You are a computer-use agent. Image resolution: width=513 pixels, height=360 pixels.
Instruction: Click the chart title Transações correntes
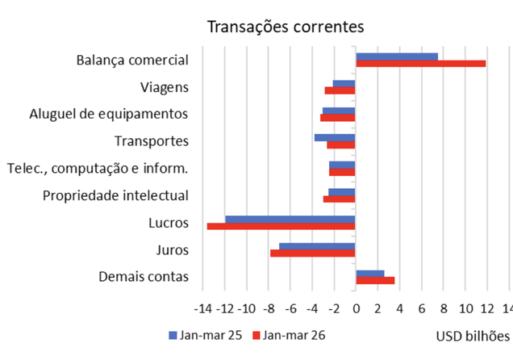286,27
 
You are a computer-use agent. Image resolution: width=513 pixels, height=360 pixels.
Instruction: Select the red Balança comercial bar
420,64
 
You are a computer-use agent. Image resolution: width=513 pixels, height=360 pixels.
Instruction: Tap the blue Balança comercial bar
397,57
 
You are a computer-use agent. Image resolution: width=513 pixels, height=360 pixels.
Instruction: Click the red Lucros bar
281,226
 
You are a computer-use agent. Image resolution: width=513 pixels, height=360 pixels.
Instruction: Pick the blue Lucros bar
290,219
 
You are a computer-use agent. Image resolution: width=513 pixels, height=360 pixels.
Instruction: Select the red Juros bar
313,253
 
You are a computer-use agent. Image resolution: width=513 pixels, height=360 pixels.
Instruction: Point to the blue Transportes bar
335,138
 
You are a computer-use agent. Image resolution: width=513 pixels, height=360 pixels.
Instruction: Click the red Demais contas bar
375,281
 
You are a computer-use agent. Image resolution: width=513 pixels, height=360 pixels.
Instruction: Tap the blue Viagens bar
344,84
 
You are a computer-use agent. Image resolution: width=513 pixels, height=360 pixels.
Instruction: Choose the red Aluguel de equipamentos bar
338,118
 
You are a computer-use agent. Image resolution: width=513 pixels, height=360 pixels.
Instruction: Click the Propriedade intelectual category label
115,195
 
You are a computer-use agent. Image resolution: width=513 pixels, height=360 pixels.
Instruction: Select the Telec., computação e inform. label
97,168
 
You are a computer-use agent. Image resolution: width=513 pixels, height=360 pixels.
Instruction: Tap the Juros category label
172,250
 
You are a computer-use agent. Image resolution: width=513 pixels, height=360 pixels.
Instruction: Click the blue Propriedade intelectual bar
342,192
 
